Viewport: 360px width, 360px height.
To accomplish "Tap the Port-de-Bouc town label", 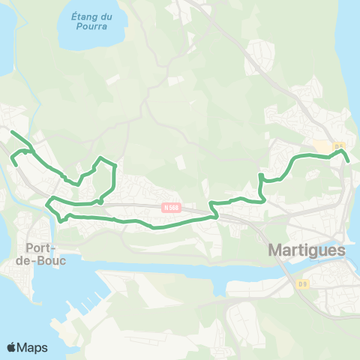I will pos(46,253).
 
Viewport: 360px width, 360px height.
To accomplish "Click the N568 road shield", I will pos(172,208).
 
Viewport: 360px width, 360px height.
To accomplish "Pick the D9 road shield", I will pos(302,283).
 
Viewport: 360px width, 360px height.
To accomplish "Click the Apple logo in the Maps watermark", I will pos(11,347).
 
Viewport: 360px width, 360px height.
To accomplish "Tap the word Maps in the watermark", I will pos(32,347).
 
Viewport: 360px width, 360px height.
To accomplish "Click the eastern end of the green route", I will pos(349,160).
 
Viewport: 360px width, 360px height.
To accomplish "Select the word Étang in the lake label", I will pos(82,16).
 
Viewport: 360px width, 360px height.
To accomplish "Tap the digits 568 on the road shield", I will pos(174,208).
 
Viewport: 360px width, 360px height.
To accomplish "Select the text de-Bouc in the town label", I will pos(46,260).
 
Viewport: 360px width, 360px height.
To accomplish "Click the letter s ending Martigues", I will pos(341,250).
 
